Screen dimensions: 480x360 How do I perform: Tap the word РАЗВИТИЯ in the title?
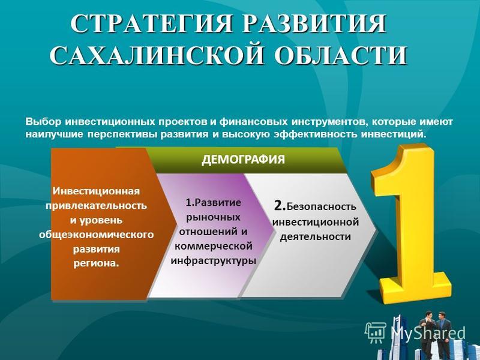(314, 23)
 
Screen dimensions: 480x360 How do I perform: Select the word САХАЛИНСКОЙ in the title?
(157, 55)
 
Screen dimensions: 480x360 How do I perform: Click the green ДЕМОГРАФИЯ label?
(243, 160)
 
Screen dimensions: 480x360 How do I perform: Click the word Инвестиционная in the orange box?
(96, 191)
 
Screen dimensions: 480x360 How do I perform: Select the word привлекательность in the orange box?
(96, 205)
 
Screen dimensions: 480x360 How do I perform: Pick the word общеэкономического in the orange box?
(96, 235)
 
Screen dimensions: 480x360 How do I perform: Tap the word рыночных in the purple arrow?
(214, 217)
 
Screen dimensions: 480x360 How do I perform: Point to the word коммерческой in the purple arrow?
(214, 246)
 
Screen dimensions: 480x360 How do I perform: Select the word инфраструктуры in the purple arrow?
(214, 261)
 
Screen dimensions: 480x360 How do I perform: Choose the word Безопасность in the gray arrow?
(322, 207)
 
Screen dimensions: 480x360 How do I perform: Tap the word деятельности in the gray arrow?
(316, 236)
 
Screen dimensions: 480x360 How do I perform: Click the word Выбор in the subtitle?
(43, 122)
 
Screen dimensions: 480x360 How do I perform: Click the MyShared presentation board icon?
(376, 332)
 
